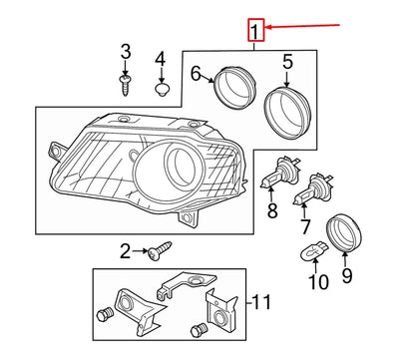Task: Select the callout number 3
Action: pyautogui.click(x=126, y=51)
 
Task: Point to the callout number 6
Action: pyautogui.click(x=198, y=72)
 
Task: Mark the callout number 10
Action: pyautogui.click(x=317, y=283)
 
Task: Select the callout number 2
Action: pyautogui.click(x=126, y=251)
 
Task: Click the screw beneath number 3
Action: pyautogui.click(x=127, y=84)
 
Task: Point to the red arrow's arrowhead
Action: pyautogui.click(x=266, y=31)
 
